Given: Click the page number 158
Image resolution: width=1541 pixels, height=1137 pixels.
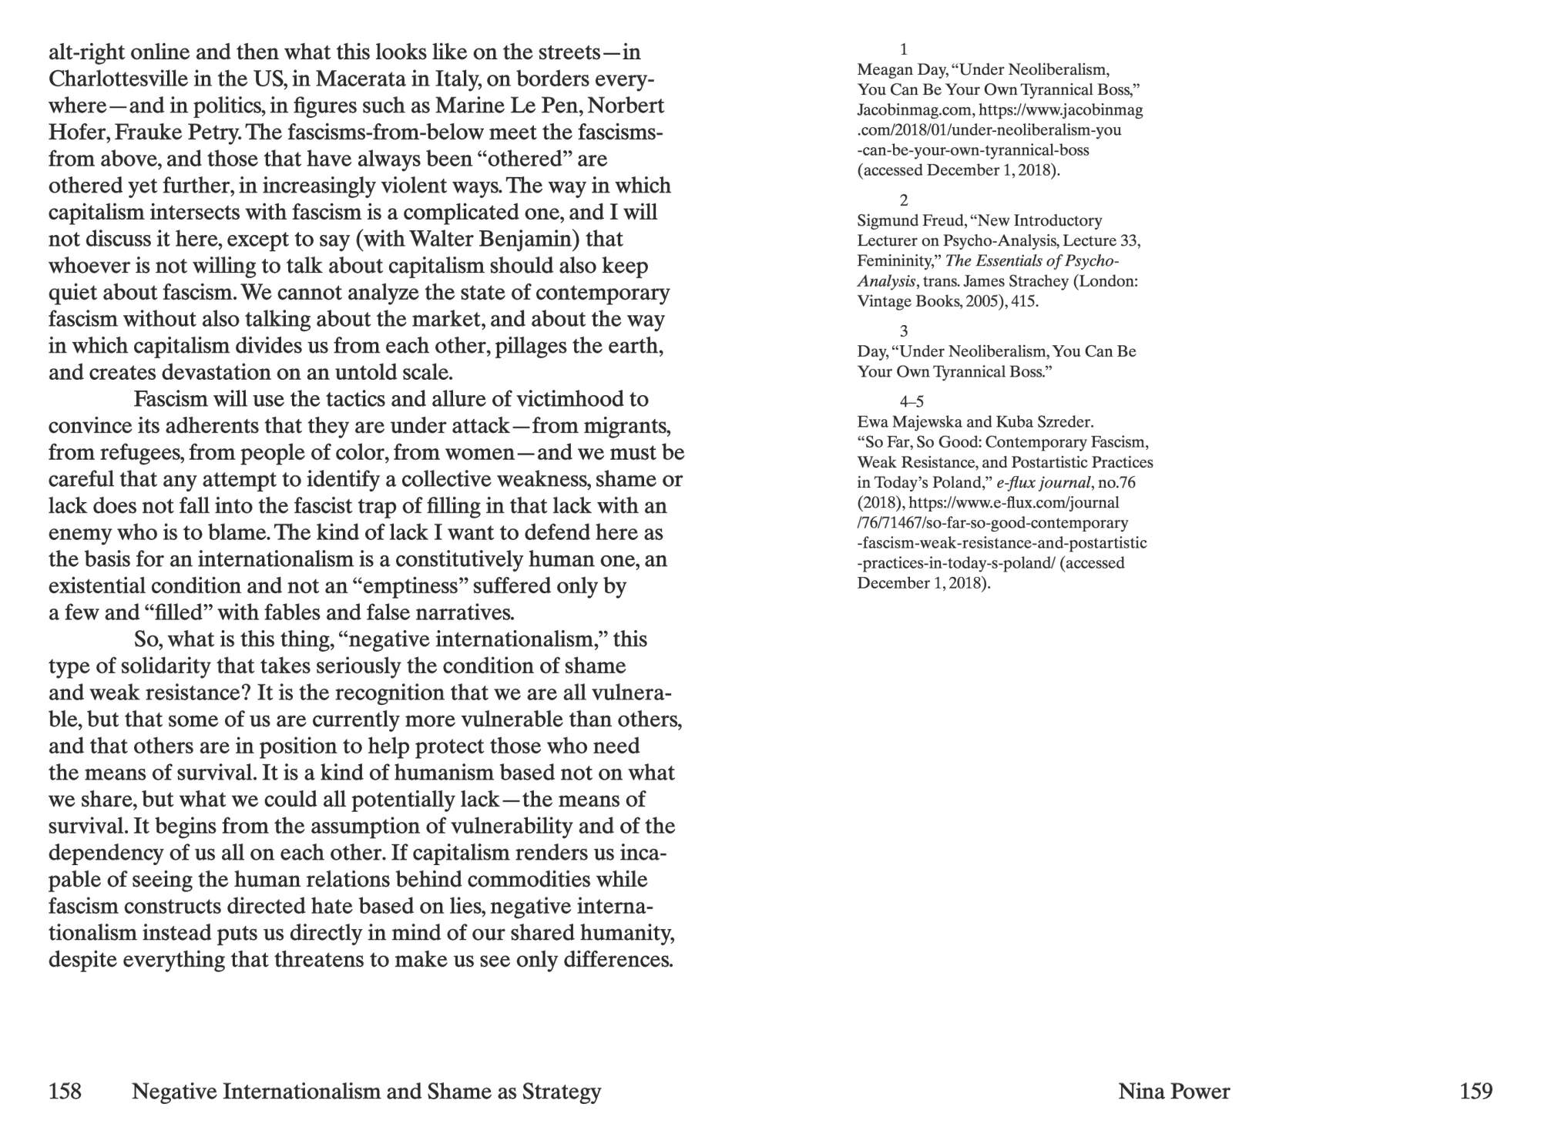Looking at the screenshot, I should pos(65,1091).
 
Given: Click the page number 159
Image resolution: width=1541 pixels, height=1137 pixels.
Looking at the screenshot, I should pos(1476,1091).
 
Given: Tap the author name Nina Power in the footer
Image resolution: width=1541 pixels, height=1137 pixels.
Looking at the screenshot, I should pos(1173,1091).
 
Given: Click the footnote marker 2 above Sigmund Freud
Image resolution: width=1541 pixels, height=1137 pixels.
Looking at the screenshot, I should pos(904,200).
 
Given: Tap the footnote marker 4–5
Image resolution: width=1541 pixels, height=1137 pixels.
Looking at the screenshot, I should pos(911,401).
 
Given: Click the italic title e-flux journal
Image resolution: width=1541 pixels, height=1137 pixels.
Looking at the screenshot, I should pos(1043,483).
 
